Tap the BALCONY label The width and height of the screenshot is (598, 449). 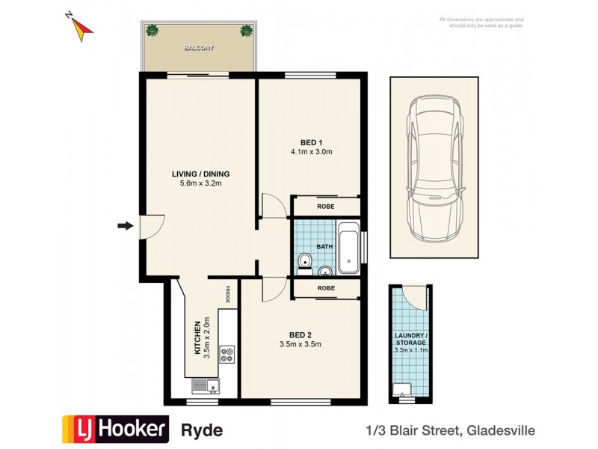199,48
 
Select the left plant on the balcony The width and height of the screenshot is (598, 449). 152,31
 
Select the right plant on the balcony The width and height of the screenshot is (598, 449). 245,31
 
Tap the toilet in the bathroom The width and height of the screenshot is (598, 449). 304,261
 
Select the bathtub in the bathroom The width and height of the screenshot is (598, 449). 349,248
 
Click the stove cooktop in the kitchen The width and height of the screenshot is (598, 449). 227,354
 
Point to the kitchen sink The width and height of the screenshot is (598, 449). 203,386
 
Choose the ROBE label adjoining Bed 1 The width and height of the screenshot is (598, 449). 325,206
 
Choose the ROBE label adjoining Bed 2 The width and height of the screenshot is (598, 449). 325,287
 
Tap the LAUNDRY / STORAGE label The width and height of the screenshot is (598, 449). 410,337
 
